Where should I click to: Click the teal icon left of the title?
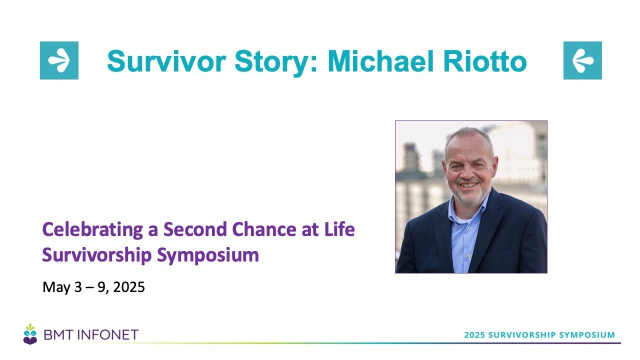59,60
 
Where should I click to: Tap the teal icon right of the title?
582,60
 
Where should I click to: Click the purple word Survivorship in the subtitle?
96,255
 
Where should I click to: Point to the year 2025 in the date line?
129,287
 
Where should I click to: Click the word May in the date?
54,287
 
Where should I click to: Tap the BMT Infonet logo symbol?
30,333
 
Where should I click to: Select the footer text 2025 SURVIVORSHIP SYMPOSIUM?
539,334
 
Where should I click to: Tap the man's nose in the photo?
467,172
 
